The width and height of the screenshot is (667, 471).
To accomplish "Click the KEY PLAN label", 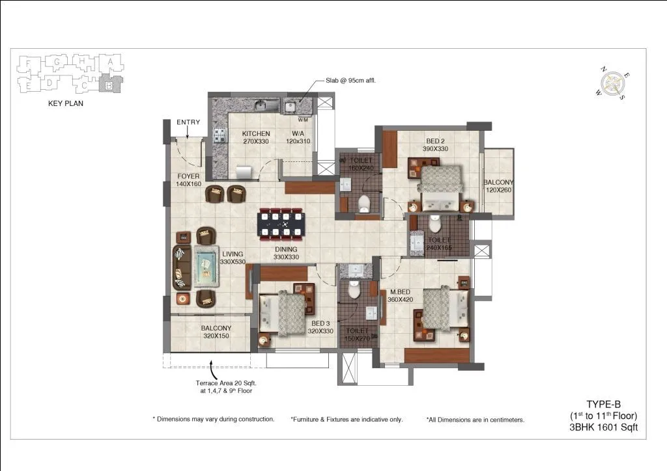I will [66, 103].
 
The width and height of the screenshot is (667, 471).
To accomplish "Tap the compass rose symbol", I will [612, 84].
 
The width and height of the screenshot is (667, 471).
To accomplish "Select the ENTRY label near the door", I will [188, 122].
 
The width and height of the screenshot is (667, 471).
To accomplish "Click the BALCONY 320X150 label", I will [216, 332].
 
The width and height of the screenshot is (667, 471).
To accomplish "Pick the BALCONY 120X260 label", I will [498, 187].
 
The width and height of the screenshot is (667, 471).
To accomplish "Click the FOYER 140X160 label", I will [188, 180].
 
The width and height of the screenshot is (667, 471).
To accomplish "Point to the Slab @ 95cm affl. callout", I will [351, 81].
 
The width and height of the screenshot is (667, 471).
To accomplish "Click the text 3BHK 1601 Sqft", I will [603, 427].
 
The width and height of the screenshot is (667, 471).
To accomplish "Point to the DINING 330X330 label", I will [285, 253].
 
